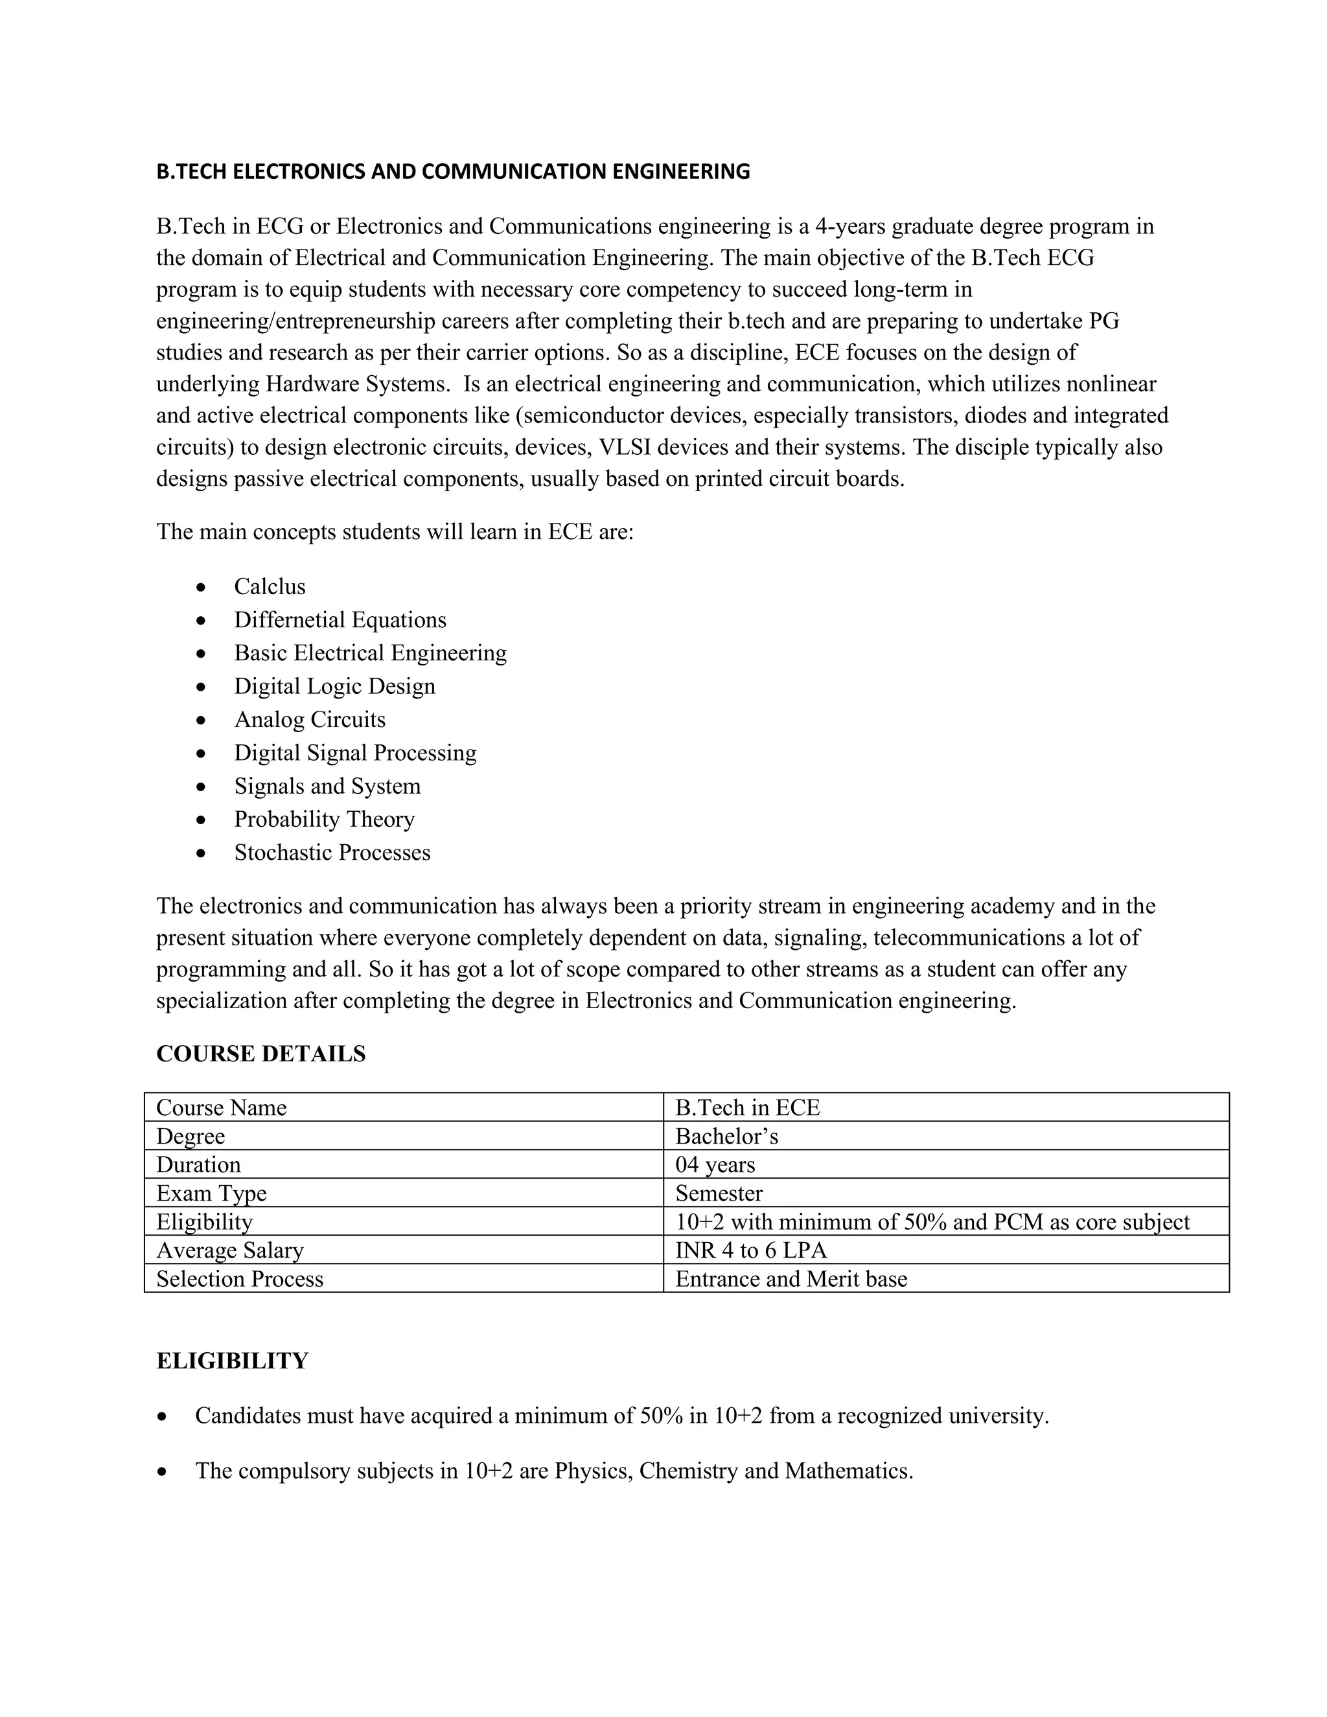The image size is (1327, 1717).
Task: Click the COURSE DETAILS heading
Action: point(261,1054)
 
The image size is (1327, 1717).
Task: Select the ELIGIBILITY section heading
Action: point(232,1361)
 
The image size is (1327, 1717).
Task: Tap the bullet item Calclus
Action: point(270,586)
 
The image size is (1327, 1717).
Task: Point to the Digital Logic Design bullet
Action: point(334,686)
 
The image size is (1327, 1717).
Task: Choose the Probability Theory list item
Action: point(324,819)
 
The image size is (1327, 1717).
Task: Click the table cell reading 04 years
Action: point(715,1164)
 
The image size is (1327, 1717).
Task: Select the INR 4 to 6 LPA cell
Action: point(751,1250)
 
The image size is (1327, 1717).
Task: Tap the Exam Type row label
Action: point(211,1193)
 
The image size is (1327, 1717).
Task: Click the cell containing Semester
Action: point(719,1193)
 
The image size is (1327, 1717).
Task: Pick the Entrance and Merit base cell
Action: point(791,1278)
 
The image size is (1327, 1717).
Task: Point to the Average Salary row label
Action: point(229,1250)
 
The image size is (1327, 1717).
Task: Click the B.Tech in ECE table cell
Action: point(747,1108)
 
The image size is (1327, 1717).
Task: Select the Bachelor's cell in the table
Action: point(726,1136)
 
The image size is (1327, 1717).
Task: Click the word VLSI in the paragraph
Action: point(624,447)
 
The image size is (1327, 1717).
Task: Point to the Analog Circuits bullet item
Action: point(310,719)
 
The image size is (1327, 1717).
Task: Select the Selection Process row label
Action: point(240,1278)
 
